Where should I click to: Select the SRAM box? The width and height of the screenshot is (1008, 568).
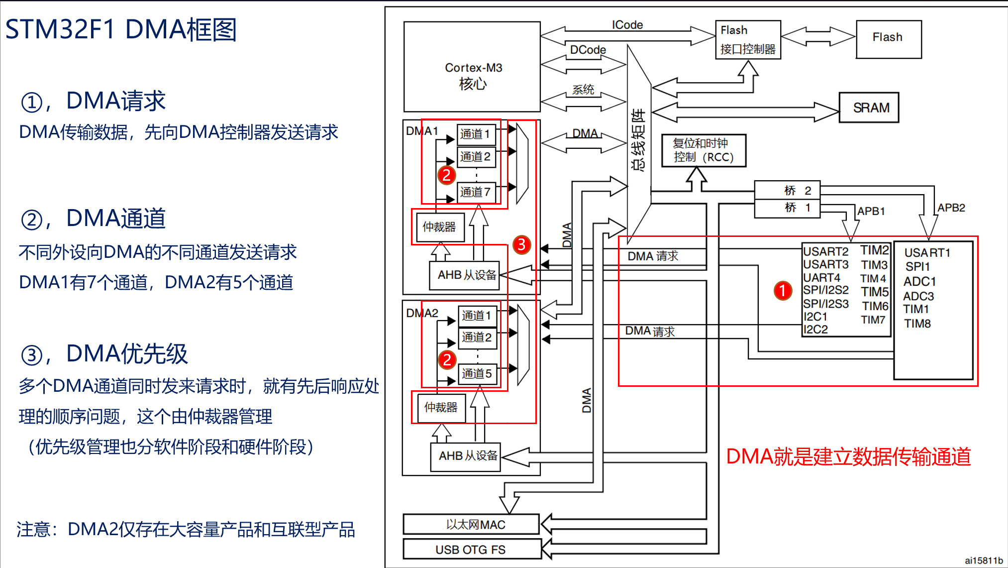869,108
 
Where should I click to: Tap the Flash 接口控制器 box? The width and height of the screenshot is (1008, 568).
747,40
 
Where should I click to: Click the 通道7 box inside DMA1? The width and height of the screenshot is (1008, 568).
476,192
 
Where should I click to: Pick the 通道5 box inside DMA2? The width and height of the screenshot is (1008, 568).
477,374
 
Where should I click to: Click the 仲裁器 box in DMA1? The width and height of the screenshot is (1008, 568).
440,227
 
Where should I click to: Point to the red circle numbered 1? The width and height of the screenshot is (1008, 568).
782,291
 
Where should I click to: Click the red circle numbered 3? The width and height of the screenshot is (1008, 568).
521,244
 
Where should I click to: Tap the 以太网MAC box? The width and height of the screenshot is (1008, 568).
471,525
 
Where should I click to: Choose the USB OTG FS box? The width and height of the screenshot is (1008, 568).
471,550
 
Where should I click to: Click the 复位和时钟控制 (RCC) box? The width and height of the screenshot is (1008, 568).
703,150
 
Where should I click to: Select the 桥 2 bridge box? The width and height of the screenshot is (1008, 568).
787,191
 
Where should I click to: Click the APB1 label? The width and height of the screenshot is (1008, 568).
871,211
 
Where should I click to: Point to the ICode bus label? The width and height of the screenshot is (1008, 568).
627,25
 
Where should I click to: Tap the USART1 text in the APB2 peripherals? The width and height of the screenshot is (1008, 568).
927,253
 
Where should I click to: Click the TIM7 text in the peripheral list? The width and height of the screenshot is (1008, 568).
873,320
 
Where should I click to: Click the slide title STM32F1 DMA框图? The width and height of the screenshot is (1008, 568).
121,29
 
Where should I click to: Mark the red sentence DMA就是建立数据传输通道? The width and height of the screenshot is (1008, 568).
848,456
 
